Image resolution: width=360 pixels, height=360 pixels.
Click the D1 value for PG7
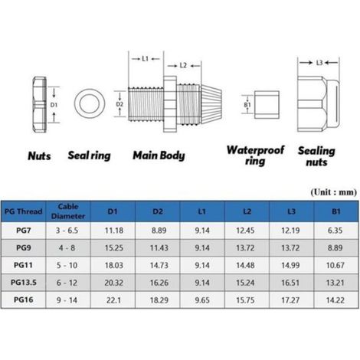click(114, 231)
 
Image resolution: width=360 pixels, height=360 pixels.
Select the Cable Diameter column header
click(68, 211)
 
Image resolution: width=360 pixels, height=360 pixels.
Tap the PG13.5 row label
click(24, 283)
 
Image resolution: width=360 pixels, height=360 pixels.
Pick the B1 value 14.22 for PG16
click(335, 300)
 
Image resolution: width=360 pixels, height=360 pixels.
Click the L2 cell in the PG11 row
click(245, 265)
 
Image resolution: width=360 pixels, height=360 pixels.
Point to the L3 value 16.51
click(290, 283)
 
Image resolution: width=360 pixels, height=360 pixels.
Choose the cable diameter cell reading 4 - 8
click(67, 248)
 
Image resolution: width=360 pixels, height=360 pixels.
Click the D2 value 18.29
click(159, 300)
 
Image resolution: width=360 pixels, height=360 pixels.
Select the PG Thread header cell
click(23, 211)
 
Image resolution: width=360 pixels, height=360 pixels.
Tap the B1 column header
click(336, 211)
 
